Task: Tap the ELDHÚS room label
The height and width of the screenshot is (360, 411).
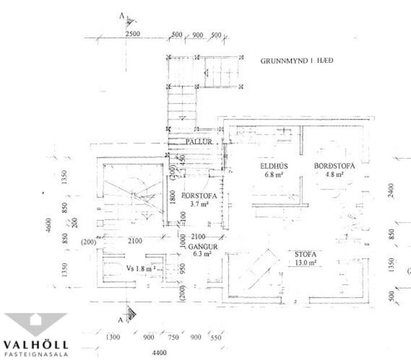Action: tap(271, 166)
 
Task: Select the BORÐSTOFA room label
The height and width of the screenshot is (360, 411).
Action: tap(334, 166)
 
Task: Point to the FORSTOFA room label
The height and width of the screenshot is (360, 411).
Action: tap(199, 196)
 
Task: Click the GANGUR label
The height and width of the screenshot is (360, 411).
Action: tap(199, 246)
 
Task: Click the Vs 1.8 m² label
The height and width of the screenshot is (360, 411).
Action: tap(140, 268)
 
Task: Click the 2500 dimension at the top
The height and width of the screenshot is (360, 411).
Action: tap(133, 35)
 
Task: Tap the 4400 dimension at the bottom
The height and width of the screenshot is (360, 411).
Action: tap(159, 353)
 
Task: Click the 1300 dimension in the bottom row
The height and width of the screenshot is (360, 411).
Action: tap(113, 337)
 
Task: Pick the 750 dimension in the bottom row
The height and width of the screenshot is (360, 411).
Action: tap(173, 337)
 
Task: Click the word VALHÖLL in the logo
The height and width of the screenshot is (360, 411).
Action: tap(36, 344)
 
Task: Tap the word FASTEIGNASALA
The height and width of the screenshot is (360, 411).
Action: tap(36, 353)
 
